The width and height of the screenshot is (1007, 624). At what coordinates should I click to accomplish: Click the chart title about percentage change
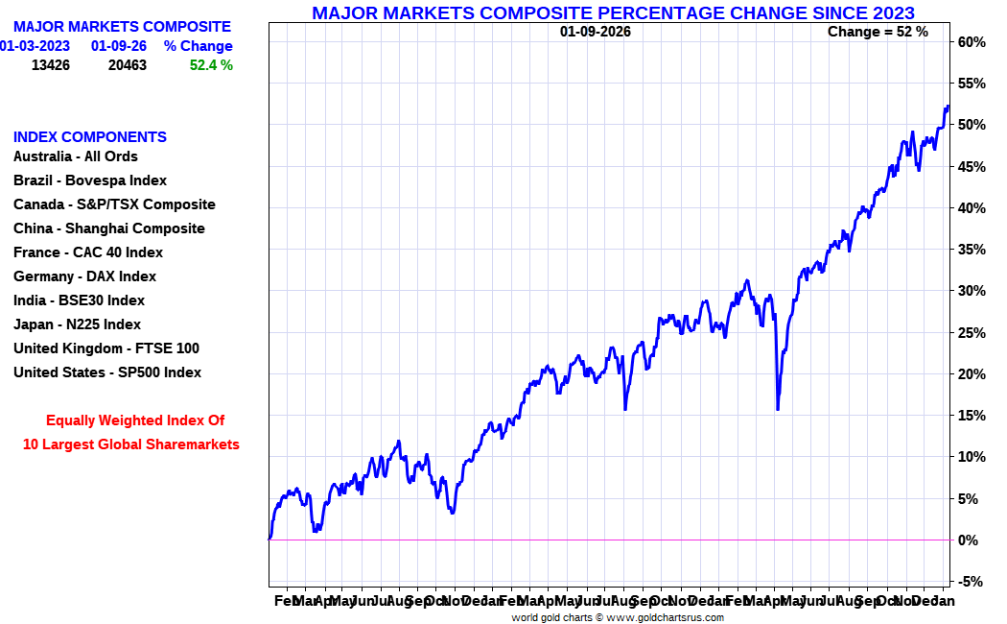click(613, 12)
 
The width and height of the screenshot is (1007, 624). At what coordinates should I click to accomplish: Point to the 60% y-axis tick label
click(971, 42)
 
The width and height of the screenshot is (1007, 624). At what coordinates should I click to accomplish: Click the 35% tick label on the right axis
click(971, 250)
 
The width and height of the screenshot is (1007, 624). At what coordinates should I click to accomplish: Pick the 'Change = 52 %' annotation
click(878, 32)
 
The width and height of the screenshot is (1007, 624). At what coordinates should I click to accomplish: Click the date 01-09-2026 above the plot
click(596, 32)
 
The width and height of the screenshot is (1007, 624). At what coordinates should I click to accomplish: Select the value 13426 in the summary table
click(51, 65)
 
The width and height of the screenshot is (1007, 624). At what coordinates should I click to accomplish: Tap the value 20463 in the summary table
click(128, 65)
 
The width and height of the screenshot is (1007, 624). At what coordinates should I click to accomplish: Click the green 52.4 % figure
click(211, 65)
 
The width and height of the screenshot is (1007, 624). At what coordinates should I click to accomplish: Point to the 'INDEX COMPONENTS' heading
click(90, 137)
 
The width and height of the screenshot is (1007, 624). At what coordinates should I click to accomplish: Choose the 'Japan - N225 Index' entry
click(77, 324)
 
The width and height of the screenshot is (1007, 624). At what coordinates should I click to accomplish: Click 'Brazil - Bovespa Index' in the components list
click(90, 180)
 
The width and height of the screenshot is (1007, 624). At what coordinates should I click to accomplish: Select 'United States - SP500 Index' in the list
click(107, 372)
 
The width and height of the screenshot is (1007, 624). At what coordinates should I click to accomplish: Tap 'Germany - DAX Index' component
click(84, 276)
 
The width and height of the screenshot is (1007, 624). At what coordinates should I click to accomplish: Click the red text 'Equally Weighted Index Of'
click(135, 420)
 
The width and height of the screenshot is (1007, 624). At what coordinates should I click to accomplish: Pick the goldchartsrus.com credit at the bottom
click(618, 617)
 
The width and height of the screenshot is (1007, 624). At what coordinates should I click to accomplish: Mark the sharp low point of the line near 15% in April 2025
click(777, 410)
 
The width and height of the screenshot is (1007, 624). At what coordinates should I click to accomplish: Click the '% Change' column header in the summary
click(198, 46)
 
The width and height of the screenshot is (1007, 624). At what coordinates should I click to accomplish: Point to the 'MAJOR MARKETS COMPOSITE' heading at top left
click(122, 27)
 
